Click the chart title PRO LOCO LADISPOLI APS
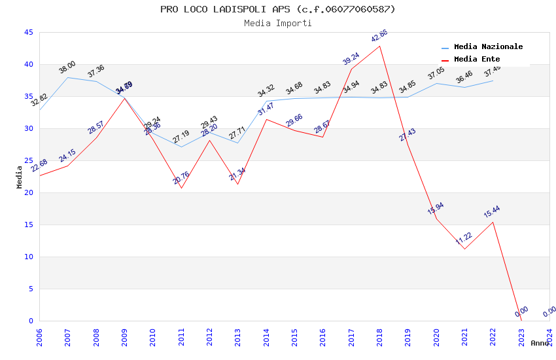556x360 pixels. [x=277, y=9]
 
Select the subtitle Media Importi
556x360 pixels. [x=277, y=23]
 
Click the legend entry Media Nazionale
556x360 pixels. [x=488, y=46]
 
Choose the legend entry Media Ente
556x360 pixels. [x=477, y=59]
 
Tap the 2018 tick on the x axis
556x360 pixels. [x=379, y=337]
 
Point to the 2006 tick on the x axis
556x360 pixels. [x=39, y=337]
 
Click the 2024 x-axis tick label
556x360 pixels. [x=549, y=337]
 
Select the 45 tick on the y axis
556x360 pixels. [x=28, y=32]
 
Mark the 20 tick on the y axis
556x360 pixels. [x=28, y=192]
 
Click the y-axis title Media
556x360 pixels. [x=20, y=177]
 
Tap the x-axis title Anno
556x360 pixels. [x=540, y=343]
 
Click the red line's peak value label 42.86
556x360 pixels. [x=379, y=36]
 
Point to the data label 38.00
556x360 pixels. [x=67, y=67]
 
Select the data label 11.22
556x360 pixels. [x=464, y=238]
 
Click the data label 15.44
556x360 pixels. [x=492, y=211]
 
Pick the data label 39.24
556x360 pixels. [x=351, y=59]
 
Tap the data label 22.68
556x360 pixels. [x=39, y=165]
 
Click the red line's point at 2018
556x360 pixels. [x=379, y=46]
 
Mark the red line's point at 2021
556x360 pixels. [x=464, y=249]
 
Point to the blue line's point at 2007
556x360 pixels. [x=67, y=77]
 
